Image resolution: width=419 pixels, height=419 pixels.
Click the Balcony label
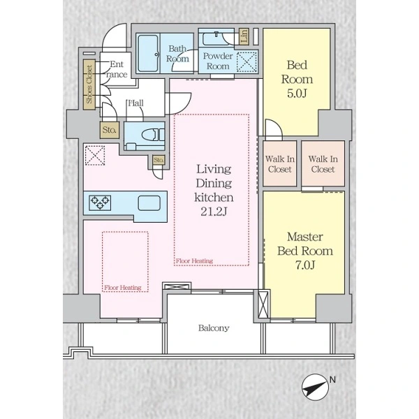coord(214,328)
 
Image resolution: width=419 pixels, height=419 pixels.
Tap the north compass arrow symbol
coord(316,387)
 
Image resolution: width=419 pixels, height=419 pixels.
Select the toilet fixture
coord(153,134)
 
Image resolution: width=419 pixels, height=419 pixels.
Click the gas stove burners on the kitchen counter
coord(100,203)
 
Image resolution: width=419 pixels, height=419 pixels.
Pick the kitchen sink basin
coord(149,203)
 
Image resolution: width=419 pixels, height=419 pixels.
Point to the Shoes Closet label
coord(89,84)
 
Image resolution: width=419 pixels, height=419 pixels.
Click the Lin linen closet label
coord(244,36)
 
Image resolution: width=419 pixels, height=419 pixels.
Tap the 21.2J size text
coord(214,212)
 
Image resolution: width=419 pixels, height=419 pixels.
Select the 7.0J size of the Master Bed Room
coord(305,265)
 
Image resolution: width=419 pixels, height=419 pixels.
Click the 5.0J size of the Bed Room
coord(297,94)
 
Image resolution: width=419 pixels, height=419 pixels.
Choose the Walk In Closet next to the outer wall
coord(323,163)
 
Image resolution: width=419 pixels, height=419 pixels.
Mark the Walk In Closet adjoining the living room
coord(280,163)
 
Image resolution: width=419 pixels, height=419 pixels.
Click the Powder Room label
coord(218,61)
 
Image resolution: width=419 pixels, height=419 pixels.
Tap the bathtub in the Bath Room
coord(148,53)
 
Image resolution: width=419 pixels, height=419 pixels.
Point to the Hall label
coord(135,103)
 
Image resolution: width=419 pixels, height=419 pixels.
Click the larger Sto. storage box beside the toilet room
coord(110,130)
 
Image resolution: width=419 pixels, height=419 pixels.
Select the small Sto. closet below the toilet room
coord(159,160)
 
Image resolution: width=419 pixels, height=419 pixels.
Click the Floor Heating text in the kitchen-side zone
coord(123,288)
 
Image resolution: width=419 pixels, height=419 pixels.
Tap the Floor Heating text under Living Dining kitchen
coord(194,260)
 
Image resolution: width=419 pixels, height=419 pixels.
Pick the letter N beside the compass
coord(332,379)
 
